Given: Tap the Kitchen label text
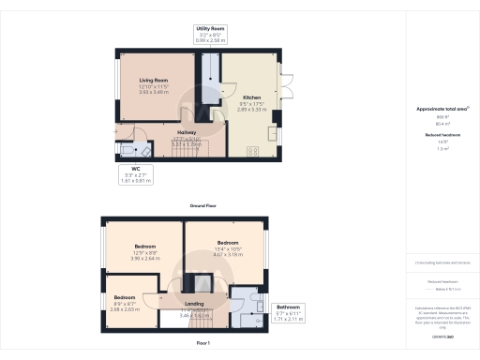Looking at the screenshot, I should coord(252,97).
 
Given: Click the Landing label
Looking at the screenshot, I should coord(194,302).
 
